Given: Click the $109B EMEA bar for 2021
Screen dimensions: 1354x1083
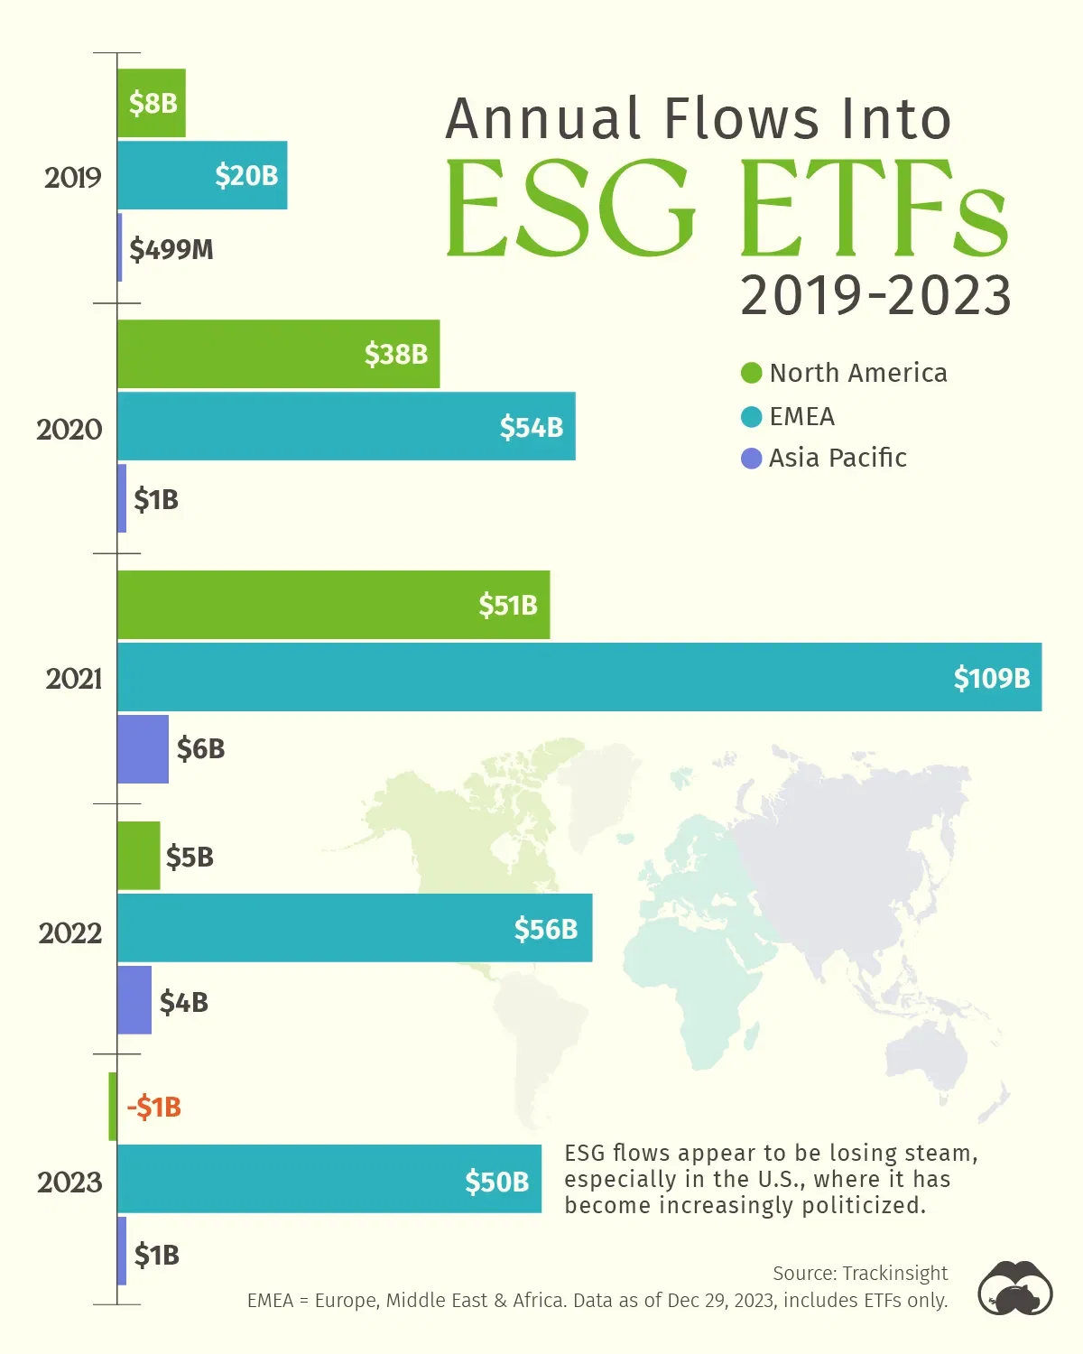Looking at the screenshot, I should click(578, 677).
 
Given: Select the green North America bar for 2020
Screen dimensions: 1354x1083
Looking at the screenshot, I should click(278, 354).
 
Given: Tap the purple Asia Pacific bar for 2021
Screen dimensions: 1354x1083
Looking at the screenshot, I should click(143, 749).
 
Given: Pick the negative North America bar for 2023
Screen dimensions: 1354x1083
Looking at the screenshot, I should click(113, 1107).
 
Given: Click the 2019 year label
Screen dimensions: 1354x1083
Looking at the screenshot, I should click(73, 178).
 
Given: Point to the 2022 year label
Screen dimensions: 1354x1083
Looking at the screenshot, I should click(70, 932).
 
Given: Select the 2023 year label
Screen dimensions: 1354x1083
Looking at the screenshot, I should click(69, 1182).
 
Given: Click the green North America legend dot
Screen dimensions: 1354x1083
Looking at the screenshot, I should click(751, 373).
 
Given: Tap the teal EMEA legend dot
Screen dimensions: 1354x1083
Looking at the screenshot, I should click(751, 416).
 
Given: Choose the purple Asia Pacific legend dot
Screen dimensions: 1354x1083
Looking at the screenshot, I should click(751, 459).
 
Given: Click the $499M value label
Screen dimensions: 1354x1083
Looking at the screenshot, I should click(171, 249).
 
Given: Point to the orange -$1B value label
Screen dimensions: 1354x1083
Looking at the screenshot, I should click(154, 1107).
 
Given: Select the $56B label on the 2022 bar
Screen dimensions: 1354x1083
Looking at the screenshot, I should click(545, 929).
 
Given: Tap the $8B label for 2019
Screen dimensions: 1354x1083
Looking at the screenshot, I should click(153, 103).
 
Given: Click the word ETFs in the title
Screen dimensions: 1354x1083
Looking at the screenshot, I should click(873, 209).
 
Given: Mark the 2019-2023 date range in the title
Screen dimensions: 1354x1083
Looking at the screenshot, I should click(875, 296).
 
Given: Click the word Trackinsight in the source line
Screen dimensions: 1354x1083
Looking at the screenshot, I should click(895, 1273).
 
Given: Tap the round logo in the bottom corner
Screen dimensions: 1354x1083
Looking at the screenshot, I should click(1015, 1288).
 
